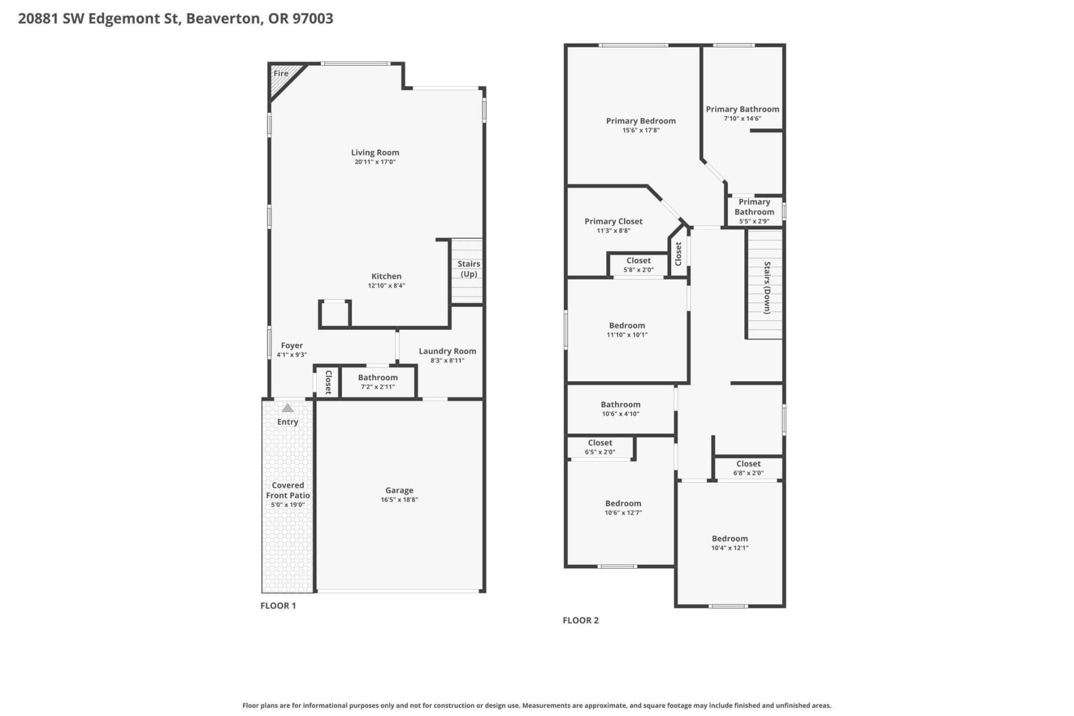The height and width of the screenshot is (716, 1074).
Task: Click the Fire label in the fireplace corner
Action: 281,73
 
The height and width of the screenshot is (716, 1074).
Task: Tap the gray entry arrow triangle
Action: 288,408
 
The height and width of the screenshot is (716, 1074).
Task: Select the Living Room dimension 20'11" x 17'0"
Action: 375,162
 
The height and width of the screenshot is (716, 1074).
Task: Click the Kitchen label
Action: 387,276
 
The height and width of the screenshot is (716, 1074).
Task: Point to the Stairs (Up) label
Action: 469,269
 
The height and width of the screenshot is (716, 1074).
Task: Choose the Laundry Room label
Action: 447,351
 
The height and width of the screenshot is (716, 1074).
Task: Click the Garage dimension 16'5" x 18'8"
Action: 399,499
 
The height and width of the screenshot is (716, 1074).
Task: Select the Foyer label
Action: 292,345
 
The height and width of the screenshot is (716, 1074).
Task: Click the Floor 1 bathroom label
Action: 378,377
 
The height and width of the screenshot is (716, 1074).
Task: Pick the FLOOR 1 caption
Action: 278,606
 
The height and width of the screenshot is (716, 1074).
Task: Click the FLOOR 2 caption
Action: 581,621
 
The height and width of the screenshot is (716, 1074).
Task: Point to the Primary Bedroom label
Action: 641,121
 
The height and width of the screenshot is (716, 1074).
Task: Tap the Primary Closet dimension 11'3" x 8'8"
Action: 613,231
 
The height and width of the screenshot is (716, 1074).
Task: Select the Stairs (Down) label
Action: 767,288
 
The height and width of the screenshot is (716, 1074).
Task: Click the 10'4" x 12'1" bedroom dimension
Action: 730,548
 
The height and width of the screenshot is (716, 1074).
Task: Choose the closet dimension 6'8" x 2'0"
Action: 748,473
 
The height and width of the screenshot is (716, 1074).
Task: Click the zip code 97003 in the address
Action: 313,18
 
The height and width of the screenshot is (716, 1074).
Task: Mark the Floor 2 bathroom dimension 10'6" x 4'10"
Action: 621,414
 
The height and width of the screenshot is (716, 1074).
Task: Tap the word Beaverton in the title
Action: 224,18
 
